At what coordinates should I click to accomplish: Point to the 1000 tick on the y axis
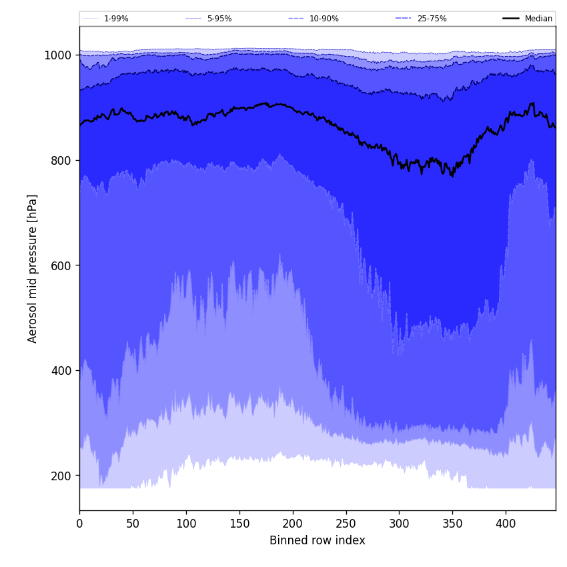click(x=58, y=55)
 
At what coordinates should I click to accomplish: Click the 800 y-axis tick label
click(x=61, y=160)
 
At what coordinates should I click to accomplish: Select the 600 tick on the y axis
click(x=61, y=265)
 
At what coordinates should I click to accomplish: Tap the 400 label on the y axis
click(x=61, y=371)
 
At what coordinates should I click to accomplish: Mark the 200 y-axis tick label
click(x=61, y=476)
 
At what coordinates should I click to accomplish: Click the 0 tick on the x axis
click(x=79, y=524)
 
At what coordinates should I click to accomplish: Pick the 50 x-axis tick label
click(x=133, y=524)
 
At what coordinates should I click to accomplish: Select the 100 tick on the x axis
click(x=186, y=524)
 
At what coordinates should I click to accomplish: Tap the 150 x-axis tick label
click(x=239, y=524)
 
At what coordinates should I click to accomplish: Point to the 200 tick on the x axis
click(x=293, y=524)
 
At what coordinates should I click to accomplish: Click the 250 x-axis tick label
click(x=346, y=524)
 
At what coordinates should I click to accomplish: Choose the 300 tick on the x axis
click(x=399, y=524)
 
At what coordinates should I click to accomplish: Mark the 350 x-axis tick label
click(x=452, y=524)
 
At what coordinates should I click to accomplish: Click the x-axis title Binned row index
click(x=318, y=541)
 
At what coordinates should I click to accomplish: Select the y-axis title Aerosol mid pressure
click(x=33, y=268)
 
